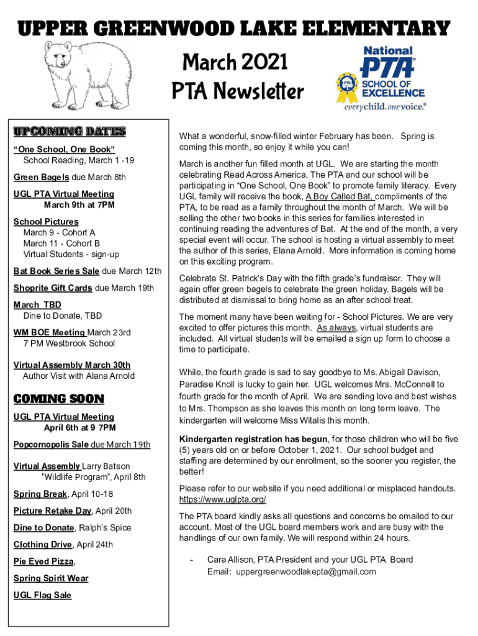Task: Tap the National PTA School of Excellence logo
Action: (381, 78)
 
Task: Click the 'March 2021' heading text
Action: (235, 62)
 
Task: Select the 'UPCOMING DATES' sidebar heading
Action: (70, 132)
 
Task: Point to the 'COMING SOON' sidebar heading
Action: (59, 399)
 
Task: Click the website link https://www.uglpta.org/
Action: (222, 499)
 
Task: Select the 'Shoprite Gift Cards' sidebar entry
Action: (53, 288)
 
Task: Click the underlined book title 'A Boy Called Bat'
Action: (339, 197)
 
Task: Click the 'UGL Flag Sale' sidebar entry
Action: (42, 595)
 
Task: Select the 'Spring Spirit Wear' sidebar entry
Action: (51, 578)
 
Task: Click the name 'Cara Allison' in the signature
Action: (230, 560)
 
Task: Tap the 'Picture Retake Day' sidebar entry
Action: (53, 511)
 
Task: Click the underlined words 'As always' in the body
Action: (336, 327)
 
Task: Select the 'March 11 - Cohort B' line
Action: (61, 243)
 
